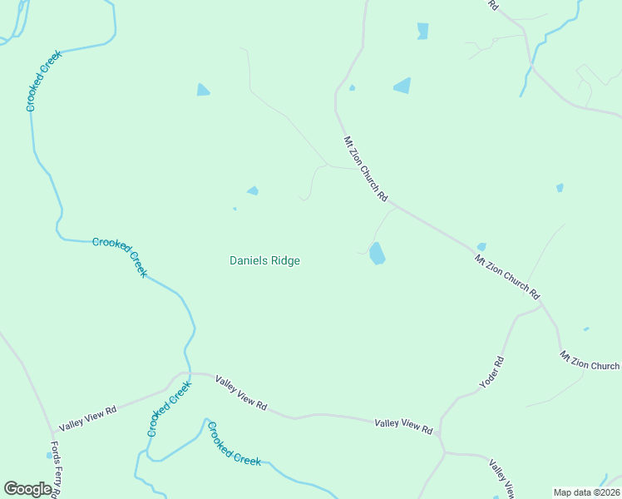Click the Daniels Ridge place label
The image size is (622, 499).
264,260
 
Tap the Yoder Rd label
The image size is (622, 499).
492,373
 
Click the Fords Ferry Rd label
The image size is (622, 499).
55,469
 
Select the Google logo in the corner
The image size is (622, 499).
27,489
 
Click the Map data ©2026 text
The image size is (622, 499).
586,492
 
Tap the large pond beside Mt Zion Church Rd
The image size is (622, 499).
377,253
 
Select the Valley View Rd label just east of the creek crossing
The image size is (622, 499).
240,394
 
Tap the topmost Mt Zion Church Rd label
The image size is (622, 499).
366,170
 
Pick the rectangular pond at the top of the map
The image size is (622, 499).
422,31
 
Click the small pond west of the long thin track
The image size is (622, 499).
203,90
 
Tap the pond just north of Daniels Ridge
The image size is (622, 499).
253,190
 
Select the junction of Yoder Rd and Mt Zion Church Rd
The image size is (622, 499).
541,304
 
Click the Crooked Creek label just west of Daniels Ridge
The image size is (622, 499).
120,257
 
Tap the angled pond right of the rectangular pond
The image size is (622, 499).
402,85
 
